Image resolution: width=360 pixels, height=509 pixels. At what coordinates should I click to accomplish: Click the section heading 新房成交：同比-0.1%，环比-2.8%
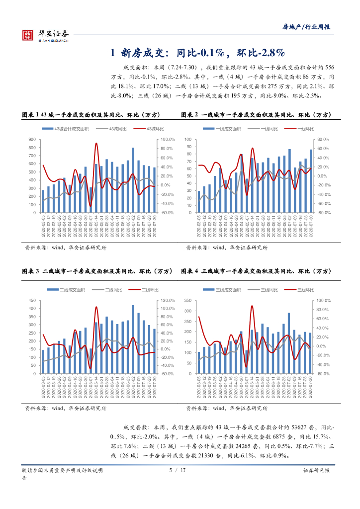(x=197, y=53)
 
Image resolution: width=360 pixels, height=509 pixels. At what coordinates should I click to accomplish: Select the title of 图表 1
(x=91, y=115)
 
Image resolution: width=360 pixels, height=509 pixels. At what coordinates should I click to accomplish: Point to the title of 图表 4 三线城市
(x=256, y=271)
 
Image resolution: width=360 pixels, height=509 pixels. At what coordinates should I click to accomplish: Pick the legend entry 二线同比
(x=109, y=290)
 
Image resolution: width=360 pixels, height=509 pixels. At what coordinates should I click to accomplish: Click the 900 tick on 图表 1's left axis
(x=32, y=140)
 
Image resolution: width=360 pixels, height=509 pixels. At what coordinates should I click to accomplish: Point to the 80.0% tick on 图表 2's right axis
(x=323, y=140)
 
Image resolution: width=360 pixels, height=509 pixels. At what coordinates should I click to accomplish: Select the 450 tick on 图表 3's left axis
(x=32, y=301)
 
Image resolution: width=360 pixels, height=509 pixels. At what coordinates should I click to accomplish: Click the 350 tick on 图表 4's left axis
(x=187, y=301)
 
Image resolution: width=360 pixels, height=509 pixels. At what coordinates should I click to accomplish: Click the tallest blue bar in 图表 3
(x=133, y=338)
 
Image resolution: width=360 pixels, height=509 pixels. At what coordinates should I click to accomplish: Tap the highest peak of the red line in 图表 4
(x=252, y=306)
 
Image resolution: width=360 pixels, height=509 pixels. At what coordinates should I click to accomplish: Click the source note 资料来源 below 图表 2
(x=226, y=248)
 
